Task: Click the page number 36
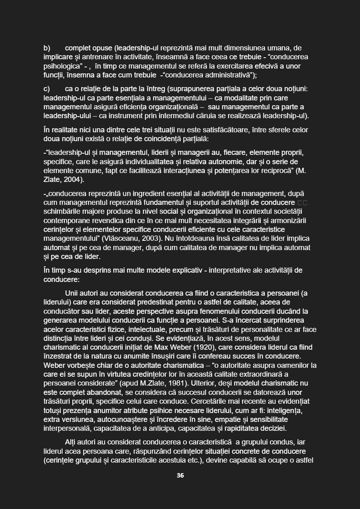(x=180, y=476)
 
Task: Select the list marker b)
(x=47, y=48)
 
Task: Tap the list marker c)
(x=47, y=89)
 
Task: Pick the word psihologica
(x=61, y=66)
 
